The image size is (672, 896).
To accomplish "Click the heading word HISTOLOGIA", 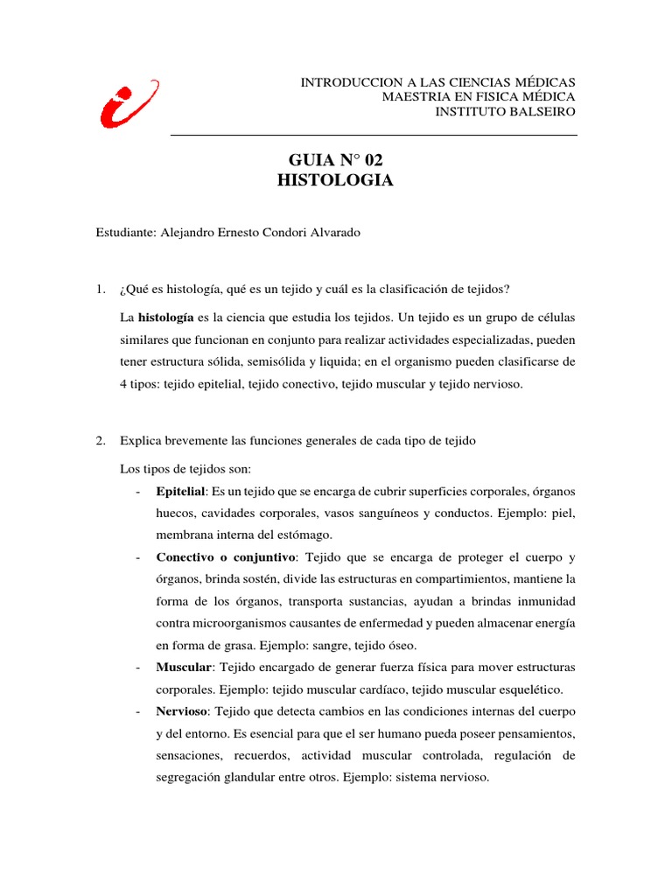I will pos(335,181).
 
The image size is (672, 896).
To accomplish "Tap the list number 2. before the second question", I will pos(101,440).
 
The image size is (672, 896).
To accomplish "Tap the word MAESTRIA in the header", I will pos(415,96).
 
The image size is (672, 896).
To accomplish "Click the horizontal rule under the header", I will pos(374,136).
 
